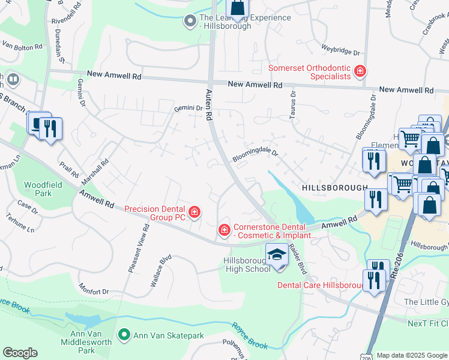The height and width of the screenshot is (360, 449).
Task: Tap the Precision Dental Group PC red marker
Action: tap(194, 212)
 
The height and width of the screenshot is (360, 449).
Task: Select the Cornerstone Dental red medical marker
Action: tap(224, 230)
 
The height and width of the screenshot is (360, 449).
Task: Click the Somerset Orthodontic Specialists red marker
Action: tap(360, 72)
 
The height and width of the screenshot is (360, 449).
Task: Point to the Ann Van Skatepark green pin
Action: tap(124, 334)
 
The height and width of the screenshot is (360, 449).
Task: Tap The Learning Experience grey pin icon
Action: tap(190, 22)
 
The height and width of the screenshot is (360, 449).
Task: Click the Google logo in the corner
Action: tap(20, 353)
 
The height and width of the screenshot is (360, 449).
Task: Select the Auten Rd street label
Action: tap(209, 103)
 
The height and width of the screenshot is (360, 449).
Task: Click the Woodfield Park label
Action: tap(38, 189)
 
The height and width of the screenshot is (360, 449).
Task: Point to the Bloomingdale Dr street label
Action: tap(256, 153)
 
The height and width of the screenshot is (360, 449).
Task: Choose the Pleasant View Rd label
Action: tap(138, 248)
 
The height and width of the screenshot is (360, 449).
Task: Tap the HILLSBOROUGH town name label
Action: tap(334, 188)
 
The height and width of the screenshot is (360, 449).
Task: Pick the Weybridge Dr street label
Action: tap(340, 52)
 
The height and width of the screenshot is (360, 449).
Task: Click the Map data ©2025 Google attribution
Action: tap(412, 355)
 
